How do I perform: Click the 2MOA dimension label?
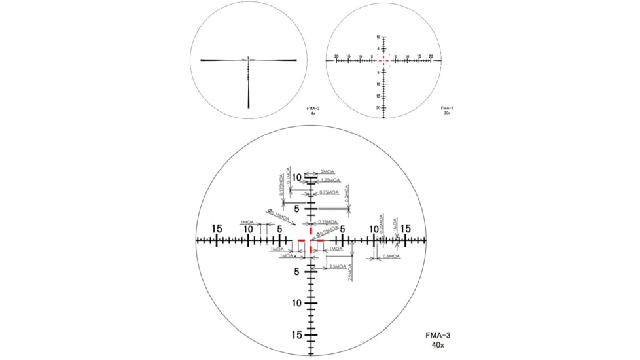tap(327, 171)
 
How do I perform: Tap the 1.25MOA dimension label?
tap(330, 180)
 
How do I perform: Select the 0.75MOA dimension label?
tap(329, 192)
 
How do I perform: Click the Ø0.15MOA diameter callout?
tap(278, 214)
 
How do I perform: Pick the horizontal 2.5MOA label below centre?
tap(338, 267)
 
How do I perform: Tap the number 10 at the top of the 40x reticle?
tap(297, 177)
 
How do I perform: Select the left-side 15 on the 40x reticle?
tap(217, 229)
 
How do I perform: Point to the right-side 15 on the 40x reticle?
tap(405, 229)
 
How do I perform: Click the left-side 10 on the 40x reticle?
tap(249, 229)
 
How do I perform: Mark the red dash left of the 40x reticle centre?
tap(302, 241)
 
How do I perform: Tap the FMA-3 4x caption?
tap(313, 110)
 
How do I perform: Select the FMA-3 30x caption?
tap(447, 110)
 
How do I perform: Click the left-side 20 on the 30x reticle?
tap(336, 56)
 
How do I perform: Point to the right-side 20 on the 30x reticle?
tap(431, 56)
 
